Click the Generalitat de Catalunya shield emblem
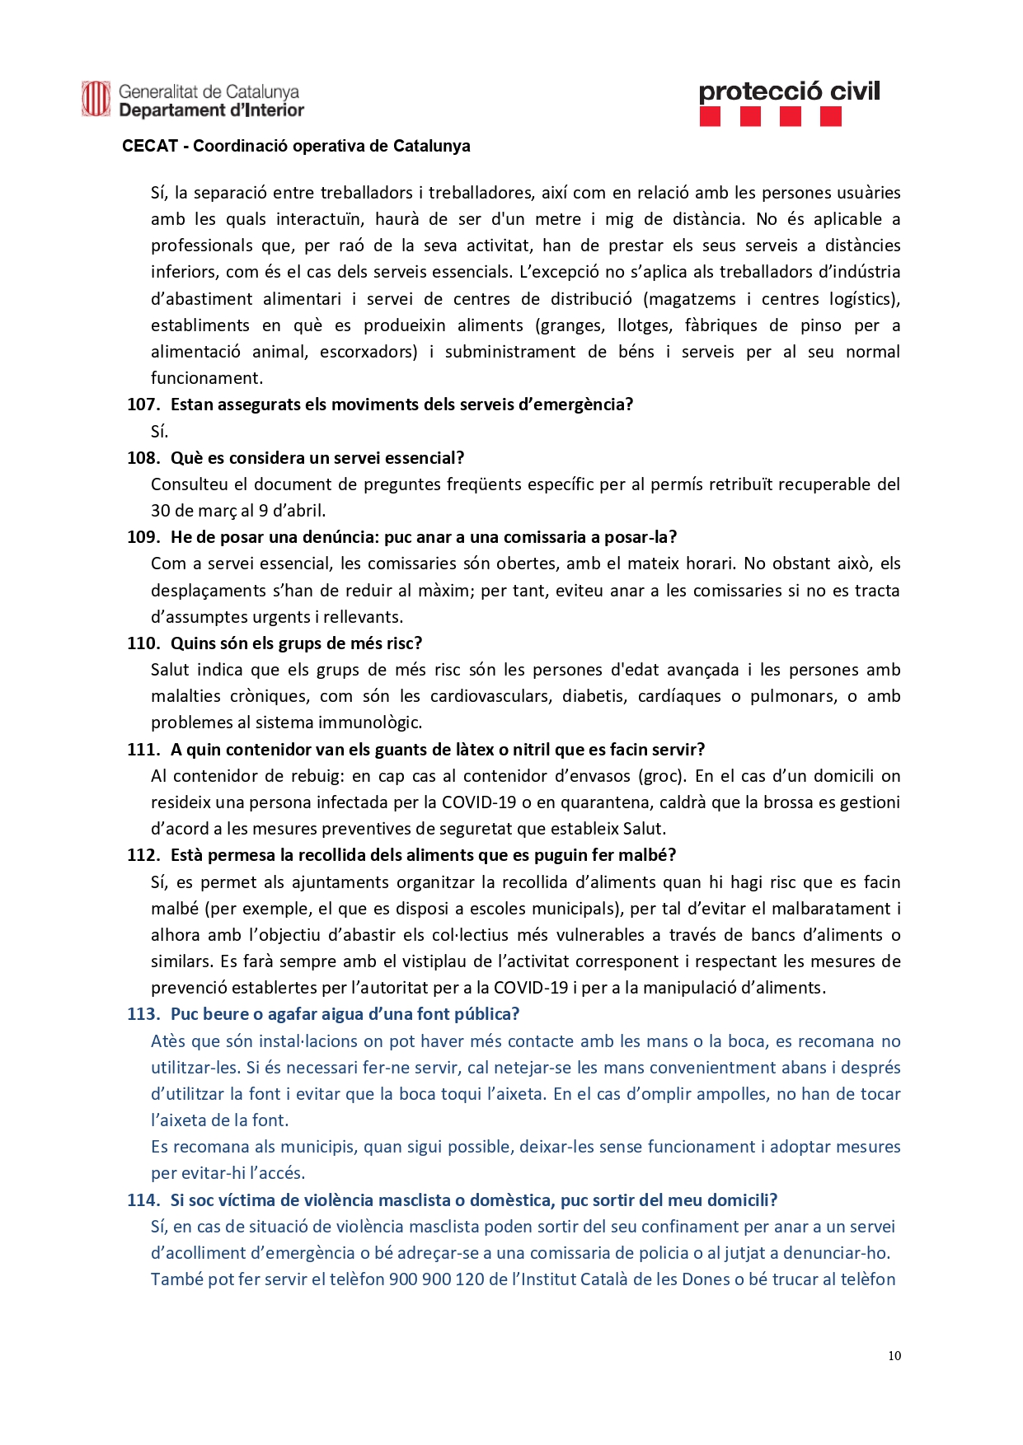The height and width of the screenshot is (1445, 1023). [96, 100]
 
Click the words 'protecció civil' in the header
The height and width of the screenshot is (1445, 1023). [789, 91]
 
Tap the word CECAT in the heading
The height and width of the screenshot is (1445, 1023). [150, 147]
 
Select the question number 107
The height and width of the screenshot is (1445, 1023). [143, 405]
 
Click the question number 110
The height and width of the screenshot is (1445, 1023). [143, 643]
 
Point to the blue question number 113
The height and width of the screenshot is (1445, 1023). [143, 1014]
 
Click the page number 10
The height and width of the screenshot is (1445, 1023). [894, 1356]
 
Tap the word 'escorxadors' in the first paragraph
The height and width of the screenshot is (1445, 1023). [368, 352]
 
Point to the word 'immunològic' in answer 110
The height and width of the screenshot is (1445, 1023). [369, 722]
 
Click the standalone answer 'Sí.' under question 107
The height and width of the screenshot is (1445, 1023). [159, 432]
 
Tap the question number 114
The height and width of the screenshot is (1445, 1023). [143, 1200]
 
